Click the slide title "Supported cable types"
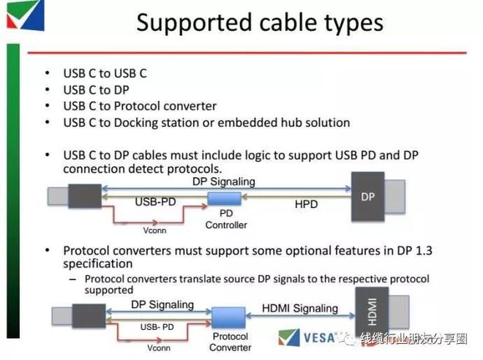260,23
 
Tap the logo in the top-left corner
26,15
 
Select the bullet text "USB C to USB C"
105,74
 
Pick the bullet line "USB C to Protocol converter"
140,106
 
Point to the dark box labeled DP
368,197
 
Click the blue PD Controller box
224,198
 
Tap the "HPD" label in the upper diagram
306,204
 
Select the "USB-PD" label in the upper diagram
156,202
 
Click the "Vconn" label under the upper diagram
154,230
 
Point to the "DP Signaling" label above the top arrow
224,181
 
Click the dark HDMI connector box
372,312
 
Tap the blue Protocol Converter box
228,318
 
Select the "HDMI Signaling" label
300,308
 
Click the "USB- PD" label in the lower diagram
157,327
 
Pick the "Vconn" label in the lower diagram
159,348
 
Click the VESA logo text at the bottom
319,338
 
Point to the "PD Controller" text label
226,219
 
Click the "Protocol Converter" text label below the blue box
230,342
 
